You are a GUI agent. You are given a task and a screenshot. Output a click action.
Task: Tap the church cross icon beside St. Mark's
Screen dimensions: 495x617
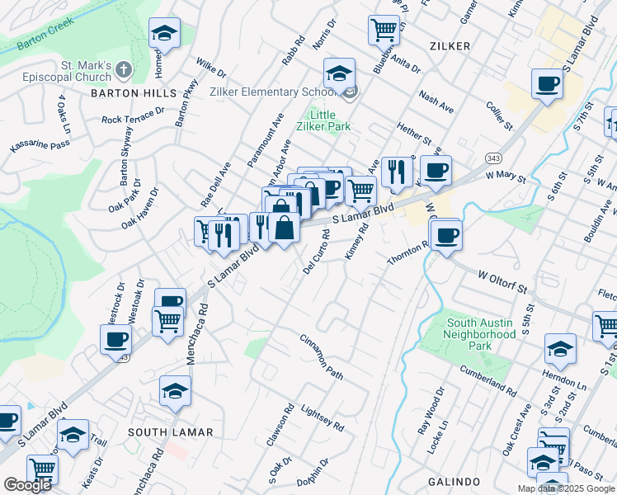click(x=123, y=68)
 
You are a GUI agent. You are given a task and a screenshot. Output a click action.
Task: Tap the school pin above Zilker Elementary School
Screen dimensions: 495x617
click(x=339, y=74)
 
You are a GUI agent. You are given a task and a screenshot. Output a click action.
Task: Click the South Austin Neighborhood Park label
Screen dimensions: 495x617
click(x=479, y=334)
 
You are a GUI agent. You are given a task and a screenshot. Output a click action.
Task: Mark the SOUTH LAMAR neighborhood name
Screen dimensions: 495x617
click(x=171, y=432)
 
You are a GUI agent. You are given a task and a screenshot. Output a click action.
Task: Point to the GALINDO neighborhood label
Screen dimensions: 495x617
click(x=454, y=481)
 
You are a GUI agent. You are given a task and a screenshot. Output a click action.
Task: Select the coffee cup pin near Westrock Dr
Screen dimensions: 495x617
click(x=115, y=339)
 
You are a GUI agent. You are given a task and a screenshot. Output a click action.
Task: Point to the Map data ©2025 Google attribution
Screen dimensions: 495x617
click(x=566, y=488)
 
